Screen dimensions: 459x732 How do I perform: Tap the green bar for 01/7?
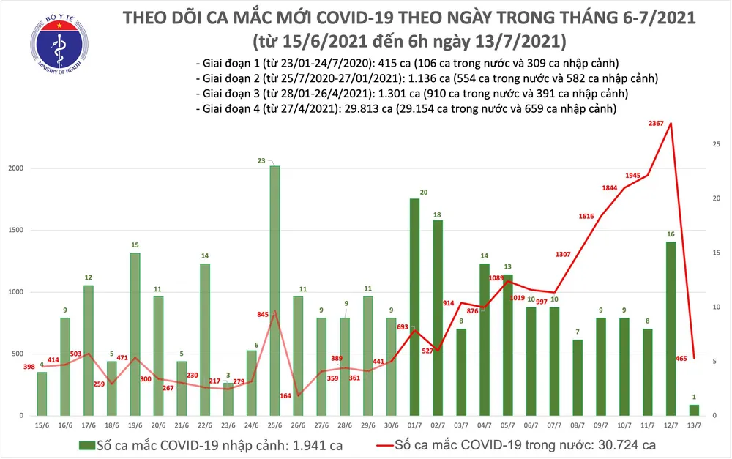(x=414, y=307)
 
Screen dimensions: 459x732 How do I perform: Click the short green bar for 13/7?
(x=694, y=410)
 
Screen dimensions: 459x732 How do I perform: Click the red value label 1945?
(x=635, y=176)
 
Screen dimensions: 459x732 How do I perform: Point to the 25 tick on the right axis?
(x=716, y=145)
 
